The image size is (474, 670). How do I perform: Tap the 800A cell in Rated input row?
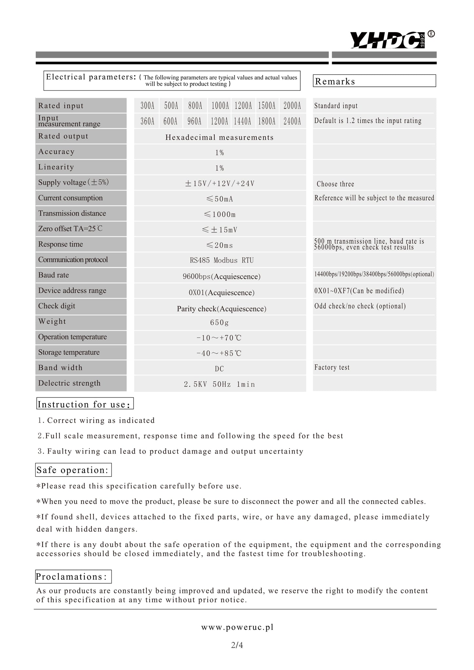[195, 106]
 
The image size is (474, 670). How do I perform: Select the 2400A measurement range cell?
[292, 121]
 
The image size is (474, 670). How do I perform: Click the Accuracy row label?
[56, 152]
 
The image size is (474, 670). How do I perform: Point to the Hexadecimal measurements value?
[219, 137]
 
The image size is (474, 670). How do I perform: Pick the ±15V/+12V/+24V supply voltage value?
[219, 184]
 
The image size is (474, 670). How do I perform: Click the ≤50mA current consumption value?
[219, 199]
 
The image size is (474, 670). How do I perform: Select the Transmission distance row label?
[72, 213]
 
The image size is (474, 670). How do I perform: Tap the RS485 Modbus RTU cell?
[222, 260]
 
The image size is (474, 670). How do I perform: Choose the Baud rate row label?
[53, 275]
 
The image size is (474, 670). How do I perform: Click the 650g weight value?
[219, 323]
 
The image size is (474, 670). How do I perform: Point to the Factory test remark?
[332, 367]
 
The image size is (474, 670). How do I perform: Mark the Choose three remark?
[335, 184]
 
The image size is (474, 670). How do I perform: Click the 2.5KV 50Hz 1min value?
[219, 384]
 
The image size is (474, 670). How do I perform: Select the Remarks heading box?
[374, 81]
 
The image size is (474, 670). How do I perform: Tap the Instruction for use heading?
[85, 404]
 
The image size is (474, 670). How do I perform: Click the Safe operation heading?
[73, 470]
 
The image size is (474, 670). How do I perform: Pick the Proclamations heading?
[73, 576]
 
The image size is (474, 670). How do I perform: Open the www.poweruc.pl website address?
[237, 627]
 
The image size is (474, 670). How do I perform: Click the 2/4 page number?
[237, 645]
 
